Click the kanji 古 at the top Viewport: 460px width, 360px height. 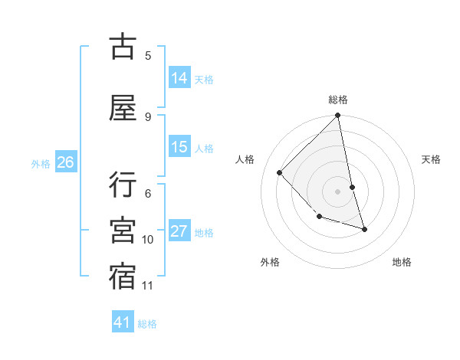[123, 47]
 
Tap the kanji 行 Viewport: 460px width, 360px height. [123, 185]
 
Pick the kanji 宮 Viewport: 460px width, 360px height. [123, 231]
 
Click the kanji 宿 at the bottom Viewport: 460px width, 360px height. [123, 277]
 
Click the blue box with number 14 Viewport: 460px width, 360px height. [179, 78]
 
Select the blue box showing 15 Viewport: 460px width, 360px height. [179, 147]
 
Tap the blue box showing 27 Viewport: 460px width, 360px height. [179, 231]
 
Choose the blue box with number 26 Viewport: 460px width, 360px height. [65, 162]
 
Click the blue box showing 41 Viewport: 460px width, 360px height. [123, 322]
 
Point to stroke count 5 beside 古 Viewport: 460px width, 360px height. [148, 55]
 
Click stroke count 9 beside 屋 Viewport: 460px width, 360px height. [148, 116]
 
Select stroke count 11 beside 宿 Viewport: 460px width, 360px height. [147, 286]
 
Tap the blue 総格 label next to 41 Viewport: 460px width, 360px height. [147, 324]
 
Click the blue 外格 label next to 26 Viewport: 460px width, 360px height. [41, 163]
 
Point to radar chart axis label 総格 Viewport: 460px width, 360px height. [338, 100]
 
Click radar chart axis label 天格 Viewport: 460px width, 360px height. [432, 159]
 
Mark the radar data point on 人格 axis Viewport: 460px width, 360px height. [280, 172]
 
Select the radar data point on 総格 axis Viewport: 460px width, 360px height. [338, 116]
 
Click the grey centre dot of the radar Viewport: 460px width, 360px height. [338, 191]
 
